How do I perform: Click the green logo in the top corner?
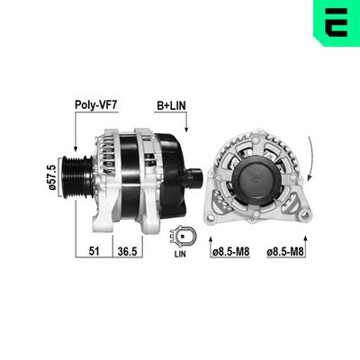333,24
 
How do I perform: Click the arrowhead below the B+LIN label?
184,131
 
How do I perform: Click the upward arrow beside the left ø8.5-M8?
211,243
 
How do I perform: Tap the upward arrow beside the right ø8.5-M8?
269,243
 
